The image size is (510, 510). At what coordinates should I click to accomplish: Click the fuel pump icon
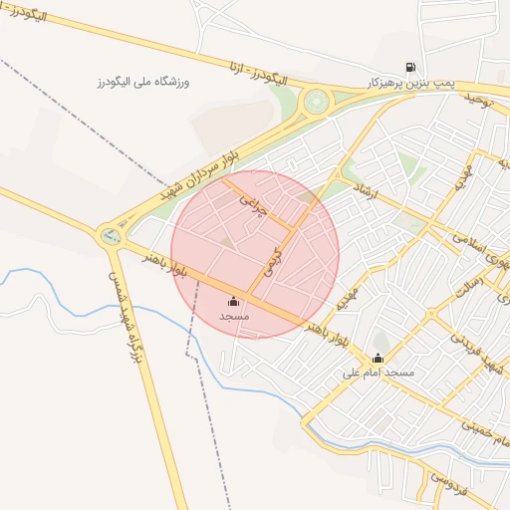[409, 67]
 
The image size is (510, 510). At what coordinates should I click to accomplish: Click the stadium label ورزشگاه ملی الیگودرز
[142, 81]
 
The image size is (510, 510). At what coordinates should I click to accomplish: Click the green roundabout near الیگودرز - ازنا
[317, 100]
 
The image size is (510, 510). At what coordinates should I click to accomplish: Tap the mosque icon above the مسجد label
[234, 301]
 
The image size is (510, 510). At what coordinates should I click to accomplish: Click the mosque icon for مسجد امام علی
[378, 359]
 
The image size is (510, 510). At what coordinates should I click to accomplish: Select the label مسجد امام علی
[378, 374]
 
